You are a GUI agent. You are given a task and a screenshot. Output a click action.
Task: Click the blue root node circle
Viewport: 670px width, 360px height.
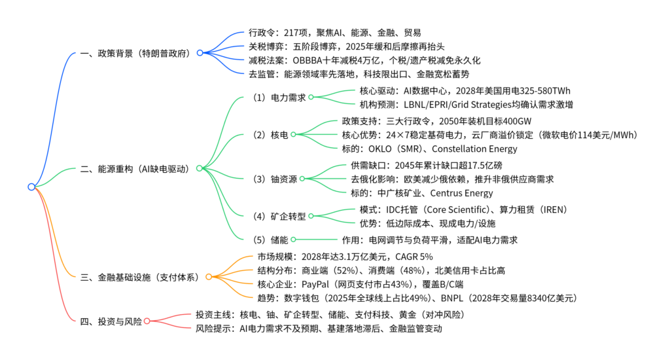(31, 187)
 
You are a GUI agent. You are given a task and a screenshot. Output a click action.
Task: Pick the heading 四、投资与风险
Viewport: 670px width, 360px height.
(110, 321)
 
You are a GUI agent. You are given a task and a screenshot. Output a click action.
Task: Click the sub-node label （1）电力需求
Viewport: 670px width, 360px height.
(278, 97)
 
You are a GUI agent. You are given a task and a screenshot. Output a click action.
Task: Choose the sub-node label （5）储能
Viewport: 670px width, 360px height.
(269, 240)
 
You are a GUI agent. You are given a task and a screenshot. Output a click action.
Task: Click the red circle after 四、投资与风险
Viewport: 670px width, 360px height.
(147, 321)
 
